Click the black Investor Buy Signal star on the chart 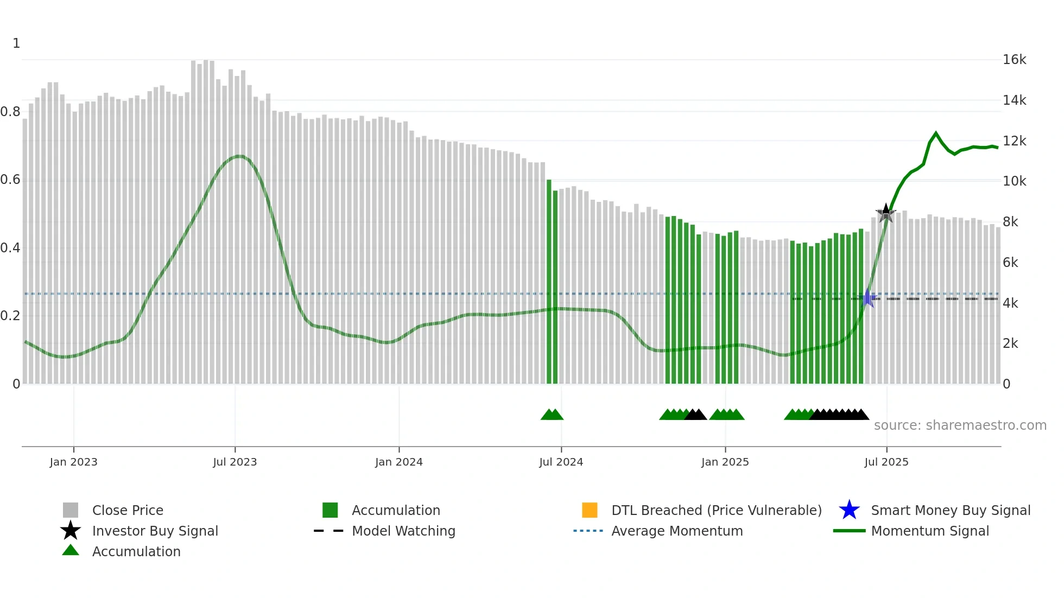click(x=886, y=213)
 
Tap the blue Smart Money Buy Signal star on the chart click(x=867, y=298)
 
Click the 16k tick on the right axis click(x=1014, y=60)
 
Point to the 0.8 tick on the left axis click(x=10, y=112)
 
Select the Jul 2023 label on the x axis click(x=235, y=462)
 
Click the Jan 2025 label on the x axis click(x=725, y=462)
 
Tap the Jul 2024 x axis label click(x=561, y=462)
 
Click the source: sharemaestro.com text click(x=960, y=425)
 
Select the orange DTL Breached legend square click(x=590, y=510)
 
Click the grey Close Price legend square click(x=71, y=510)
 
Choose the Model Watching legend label click(x=403, y=531)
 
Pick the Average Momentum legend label click(x=677, y=531)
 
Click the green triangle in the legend click(x=71, y=550)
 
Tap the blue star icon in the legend click(x=849, y=510)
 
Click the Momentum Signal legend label click(x=930, y=531)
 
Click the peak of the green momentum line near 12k click(x=936, y=132)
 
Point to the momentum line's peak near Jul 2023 click(x=239, y=156)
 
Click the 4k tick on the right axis click(x=1010, y=303)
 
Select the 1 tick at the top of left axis click(x=16, y=43)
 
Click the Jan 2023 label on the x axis click(x=73, y=462)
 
